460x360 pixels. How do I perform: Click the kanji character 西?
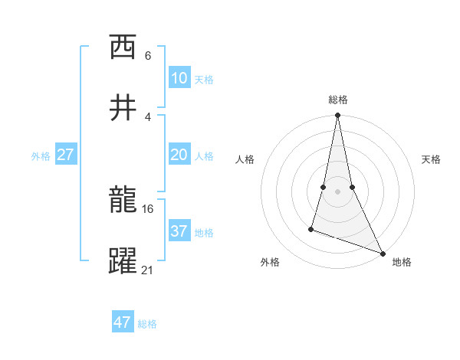(123, 47)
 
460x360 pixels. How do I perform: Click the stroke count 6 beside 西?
(148, 55)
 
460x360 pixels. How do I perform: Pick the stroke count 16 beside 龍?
(148, 208)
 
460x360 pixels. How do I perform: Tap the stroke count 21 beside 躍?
(148, 269)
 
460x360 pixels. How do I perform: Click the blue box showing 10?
(179, 78)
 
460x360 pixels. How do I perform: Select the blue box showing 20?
(179, 155)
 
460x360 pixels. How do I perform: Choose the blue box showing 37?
(179, 231)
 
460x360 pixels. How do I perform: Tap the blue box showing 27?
(66, 155)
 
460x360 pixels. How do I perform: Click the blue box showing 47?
(123, 322)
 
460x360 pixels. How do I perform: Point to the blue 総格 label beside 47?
(147, 324)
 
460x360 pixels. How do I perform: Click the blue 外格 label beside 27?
(41, 156)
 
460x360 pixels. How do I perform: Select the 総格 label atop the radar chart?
(338, 100)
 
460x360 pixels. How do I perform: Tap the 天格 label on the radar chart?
(432, 159)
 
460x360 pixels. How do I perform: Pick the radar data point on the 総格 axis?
(337, 116)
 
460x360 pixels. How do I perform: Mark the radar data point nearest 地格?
(382, 253)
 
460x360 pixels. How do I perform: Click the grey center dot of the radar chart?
(337, 180)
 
